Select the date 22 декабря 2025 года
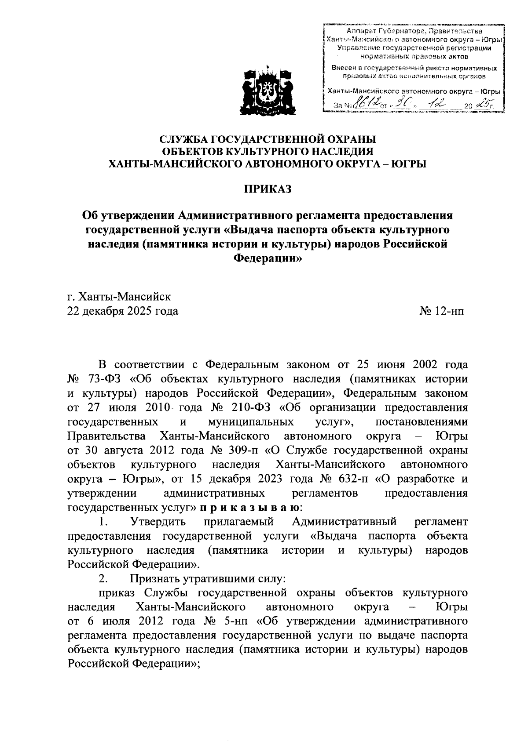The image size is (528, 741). click(x=123, y=311)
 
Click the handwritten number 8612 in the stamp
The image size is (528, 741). click(x=364, y=104)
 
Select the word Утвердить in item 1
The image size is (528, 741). click(x=158, y=522)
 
